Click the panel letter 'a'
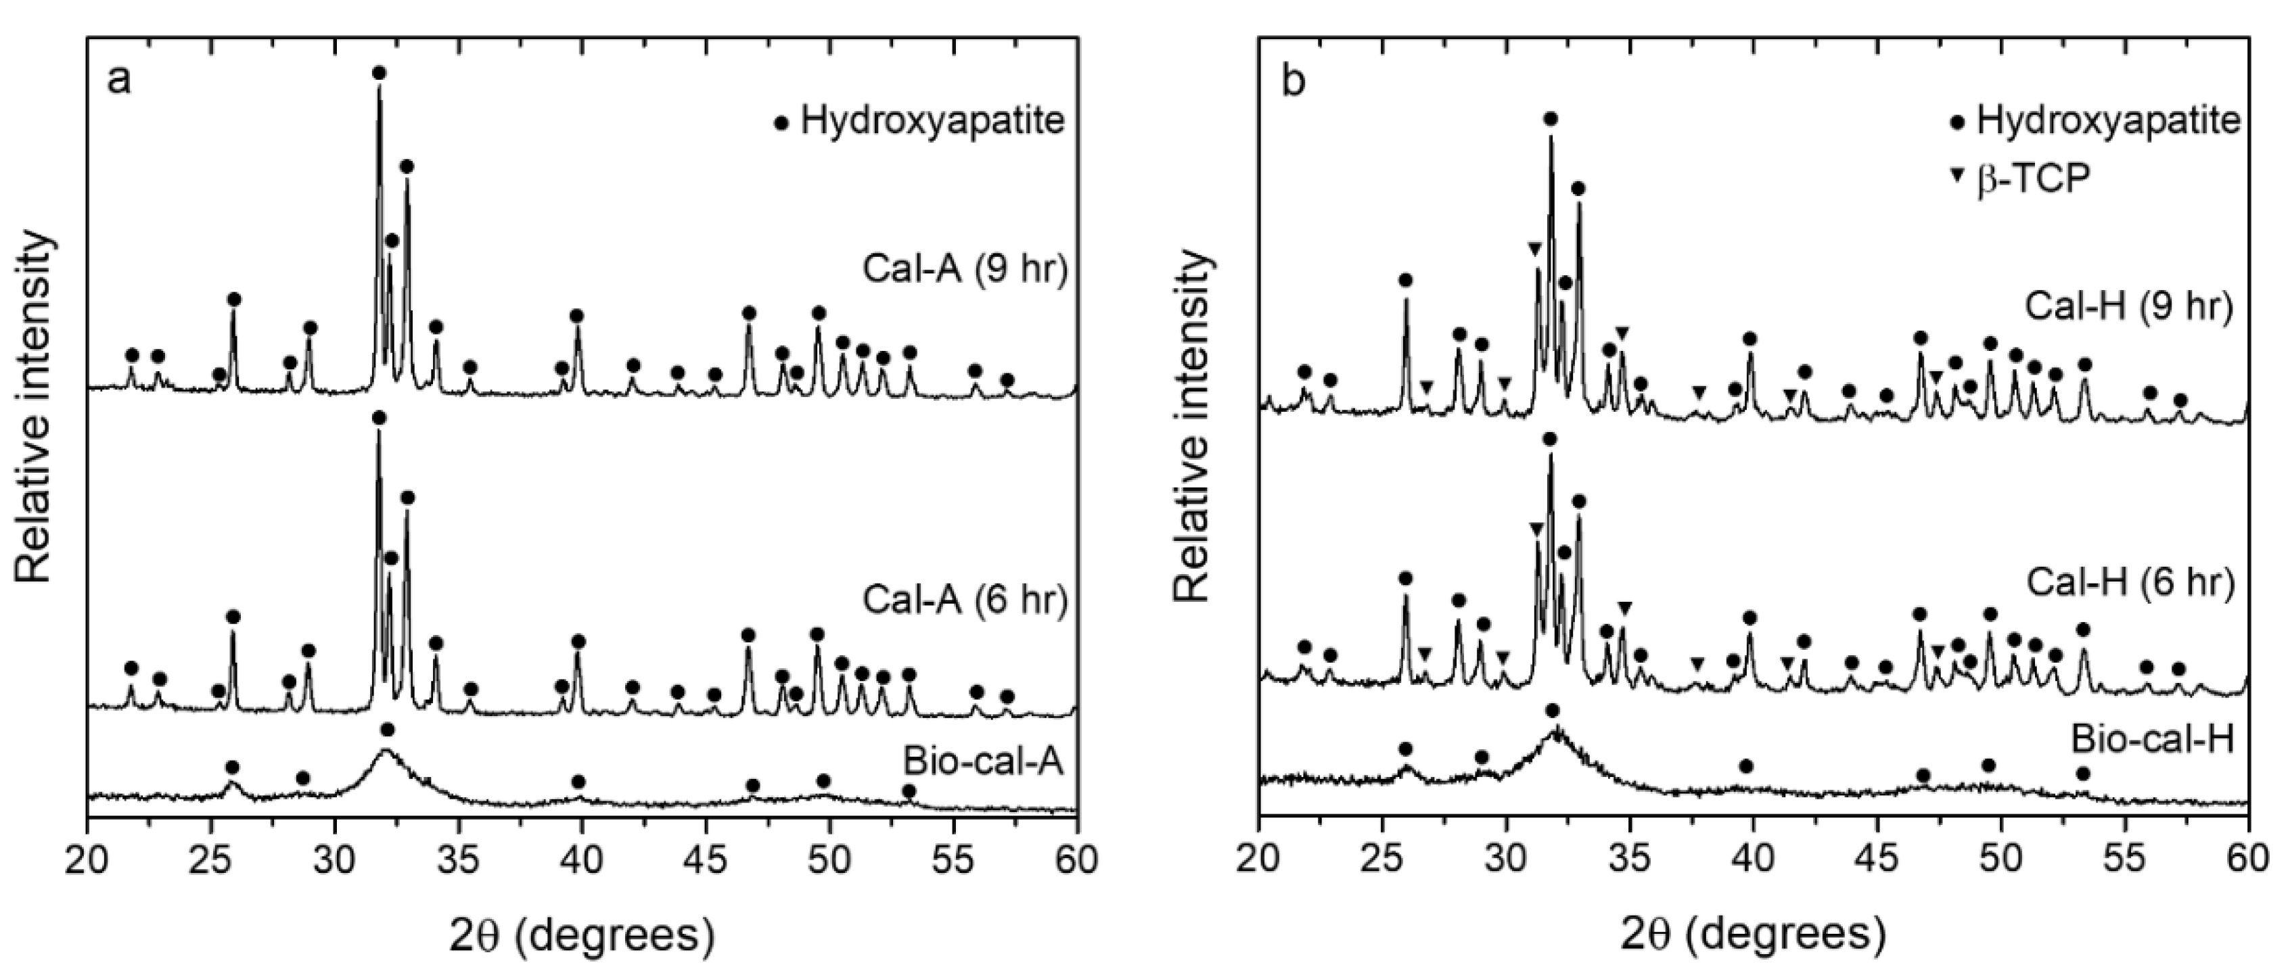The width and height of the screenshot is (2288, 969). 119,80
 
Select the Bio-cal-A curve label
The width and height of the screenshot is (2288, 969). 983,762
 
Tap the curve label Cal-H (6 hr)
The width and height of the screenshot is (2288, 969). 2130,583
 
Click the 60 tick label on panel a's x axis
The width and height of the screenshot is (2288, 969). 1076,861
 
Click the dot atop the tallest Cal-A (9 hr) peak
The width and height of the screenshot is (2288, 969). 380,72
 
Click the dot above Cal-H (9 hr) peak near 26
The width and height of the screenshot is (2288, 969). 1405,280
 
